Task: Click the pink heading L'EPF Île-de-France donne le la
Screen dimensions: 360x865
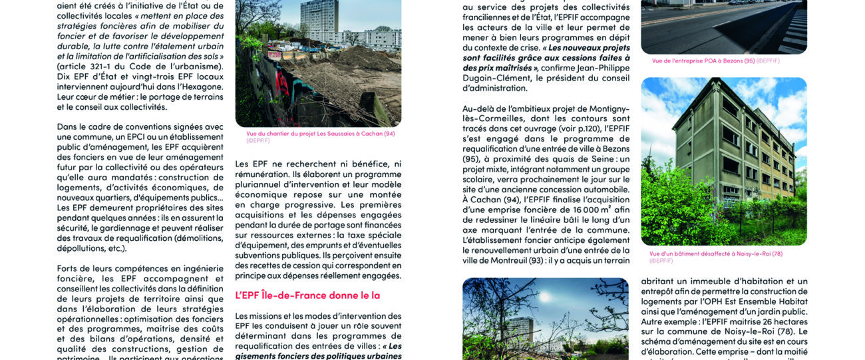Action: point(307,295)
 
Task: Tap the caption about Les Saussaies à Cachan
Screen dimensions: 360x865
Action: point(320,133)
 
